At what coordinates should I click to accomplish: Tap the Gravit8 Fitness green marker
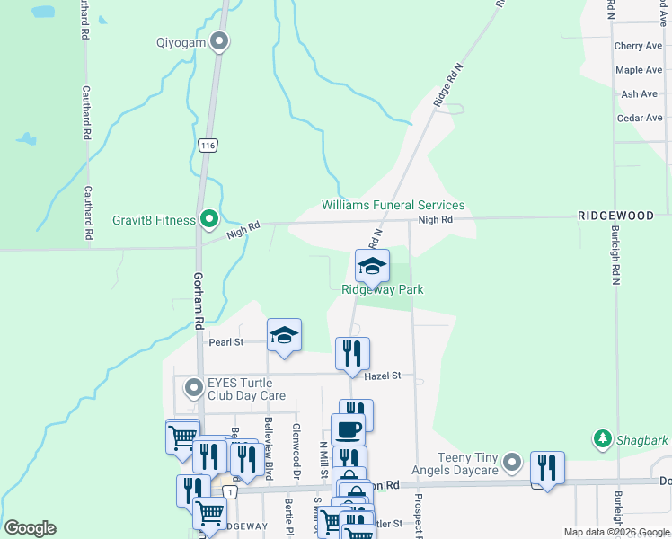[209, 219]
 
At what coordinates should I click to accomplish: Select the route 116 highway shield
[208, 145]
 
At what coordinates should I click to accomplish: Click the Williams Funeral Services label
[393, 206]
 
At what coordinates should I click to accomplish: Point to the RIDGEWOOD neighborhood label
[615, 216]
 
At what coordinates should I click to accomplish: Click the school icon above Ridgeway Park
[372, 265]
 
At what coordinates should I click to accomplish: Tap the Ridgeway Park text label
[382, 289]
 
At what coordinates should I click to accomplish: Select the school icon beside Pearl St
[284, 336]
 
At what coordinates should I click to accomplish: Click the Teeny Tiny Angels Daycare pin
[512, 464]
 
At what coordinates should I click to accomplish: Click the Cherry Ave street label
[638, 46]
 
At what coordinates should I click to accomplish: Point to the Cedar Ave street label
[640, 118]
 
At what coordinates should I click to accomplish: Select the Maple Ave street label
[639, 70]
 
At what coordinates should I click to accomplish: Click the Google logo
[30, 527]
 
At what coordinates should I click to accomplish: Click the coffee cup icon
[348, 429]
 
